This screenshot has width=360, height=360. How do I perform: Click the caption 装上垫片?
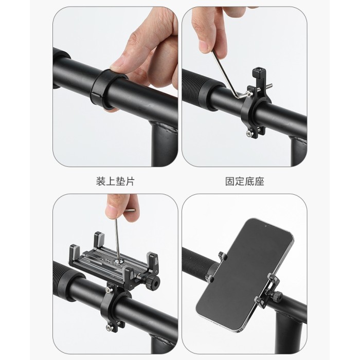click(115, 182)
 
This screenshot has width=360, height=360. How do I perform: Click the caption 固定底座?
click(244, 182)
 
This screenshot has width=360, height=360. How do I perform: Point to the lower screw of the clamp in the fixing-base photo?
click(249, 133)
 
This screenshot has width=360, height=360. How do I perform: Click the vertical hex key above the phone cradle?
click(117, 239)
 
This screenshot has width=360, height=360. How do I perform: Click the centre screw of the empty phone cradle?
click(119, 261)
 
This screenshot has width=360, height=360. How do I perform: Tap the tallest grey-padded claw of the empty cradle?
click(99, 240)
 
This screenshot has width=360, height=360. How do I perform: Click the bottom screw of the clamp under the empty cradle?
click(110, 328)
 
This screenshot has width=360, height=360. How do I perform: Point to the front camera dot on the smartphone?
click(266, 226)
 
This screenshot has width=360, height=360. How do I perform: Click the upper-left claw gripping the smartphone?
click(223, 256)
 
